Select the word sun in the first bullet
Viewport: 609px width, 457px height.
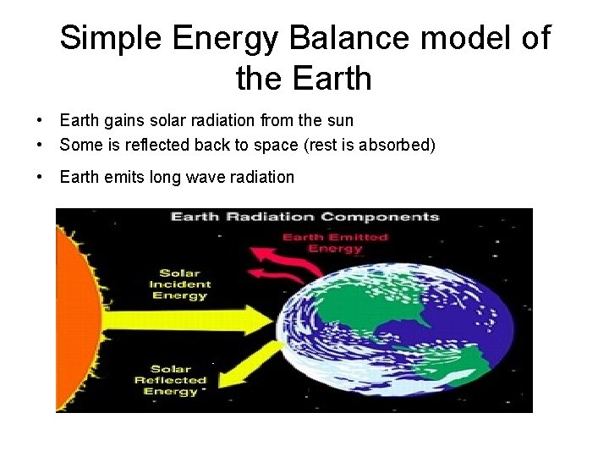(x=341, y=121)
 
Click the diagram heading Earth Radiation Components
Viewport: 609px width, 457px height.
(x=305, y=217)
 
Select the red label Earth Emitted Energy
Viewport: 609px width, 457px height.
(x=335, y=243)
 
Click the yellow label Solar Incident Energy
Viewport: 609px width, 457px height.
(x=178, y=284)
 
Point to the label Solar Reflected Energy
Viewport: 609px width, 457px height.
(x=170, y=380)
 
